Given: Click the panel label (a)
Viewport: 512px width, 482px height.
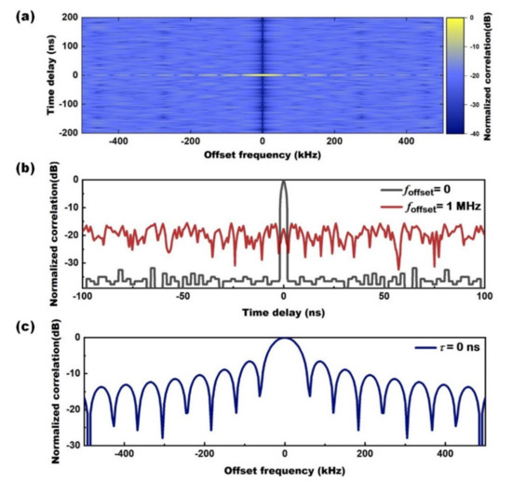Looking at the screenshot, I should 20,10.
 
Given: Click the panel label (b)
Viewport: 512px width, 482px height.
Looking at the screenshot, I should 20,170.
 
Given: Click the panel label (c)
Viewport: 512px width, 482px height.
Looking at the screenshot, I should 20,326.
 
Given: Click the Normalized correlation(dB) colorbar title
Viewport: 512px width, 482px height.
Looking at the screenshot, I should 504,75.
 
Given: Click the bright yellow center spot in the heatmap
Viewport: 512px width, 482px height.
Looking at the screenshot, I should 263,75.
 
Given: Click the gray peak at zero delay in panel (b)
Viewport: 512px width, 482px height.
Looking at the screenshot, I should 283,183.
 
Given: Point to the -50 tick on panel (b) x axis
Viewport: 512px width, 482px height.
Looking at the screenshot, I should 182,295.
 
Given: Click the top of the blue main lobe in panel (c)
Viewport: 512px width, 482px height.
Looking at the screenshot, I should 284,339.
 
